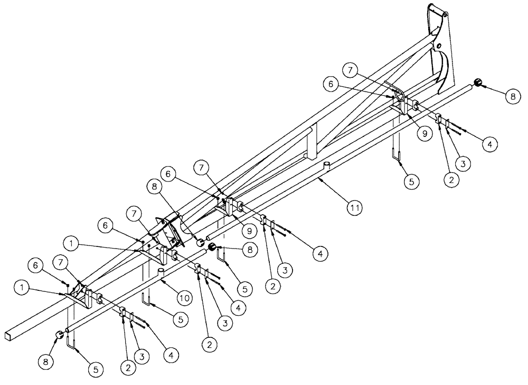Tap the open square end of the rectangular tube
[x=10, y=334]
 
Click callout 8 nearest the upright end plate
[x=511, y=97]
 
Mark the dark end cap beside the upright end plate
[x=478, y=82]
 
